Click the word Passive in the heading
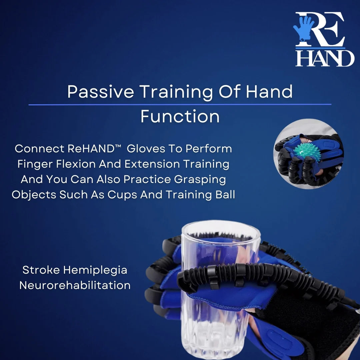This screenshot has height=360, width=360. click(100, 92)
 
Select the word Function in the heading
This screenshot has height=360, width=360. click(180, 116)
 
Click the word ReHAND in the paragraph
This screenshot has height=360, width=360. click(91, 149)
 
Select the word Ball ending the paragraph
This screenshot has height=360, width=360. click(223, 195)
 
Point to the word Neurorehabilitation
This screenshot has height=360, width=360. click(75, 285)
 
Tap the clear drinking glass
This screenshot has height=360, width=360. click(217, 283)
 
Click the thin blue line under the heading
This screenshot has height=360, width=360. click(180, 105)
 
